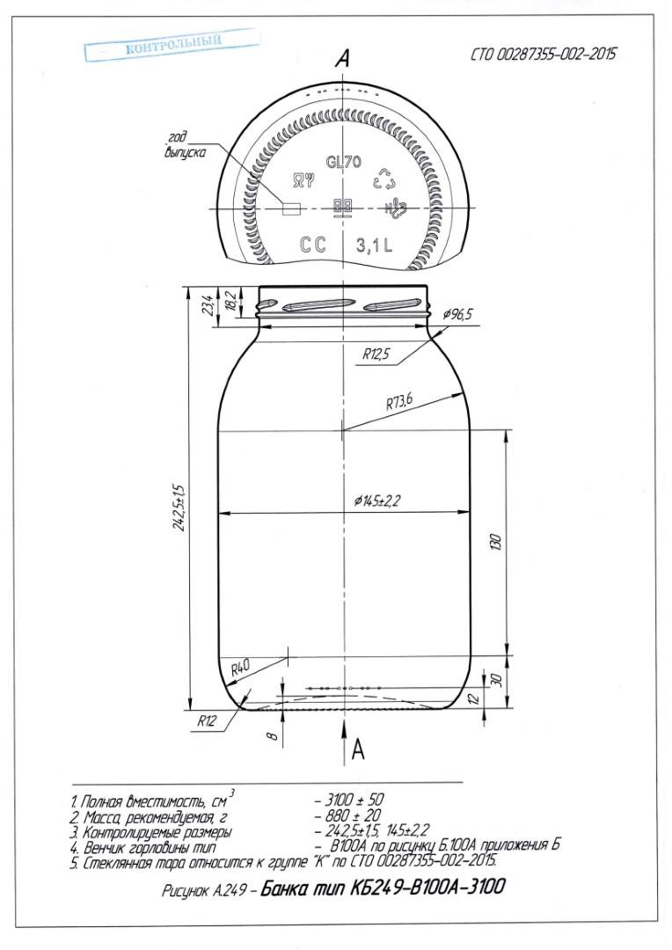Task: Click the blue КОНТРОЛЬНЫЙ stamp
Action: (172, 45)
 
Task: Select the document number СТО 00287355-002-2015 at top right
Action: (544, 55)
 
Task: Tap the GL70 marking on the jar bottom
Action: (344, 162)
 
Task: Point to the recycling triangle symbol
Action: (387, 179)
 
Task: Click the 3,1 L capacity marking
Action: (374, 245)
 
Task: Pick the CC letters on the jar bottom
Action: (313, 245)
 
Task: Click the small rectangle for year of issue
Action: (292, 208)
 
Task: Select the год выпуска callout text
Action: (185, 145)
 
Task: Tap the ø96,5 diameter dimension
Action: (457, 314)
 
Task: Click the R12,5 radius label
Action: (376, 354)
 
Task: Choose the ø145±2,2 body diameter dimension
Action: (378, 501)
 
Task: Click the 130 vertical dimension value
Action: (496, 542)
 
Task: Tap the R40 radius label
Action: (240, 669)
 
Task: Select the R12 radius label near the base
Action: (207, 721)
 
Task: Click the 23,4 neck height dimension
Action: (208, 304)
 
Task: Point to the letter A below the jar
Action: (358, 750)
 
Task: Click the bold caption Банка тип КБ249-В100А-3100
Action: (383, 888)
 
